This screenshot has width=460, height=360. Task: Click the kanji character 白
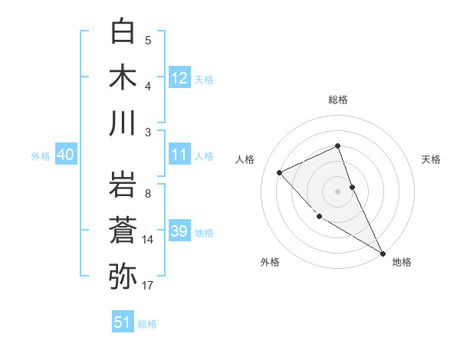123,32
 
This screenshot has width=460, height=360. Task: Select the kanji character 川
123,123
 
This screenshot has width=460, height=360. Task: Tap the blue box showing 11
179,155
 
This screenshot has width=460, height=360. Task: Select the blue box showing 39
179,231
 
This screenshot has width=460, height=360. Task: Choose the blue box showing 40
66,155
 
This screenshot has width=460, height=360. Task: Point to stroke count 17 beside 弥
148,286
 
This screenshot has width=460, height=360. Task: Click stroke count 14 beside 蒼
148,240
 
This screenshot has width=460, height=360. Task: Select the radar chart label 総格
338,100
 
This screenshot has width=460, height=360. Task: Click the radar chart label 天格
431,159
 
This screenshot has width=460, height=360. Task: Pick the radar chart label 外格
270,262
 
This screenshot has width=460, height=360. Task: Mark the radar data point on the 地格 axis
383,253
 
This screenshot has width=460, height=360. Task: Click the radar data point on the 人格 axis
280,172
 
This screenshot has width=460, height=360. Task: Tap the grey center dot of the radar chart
338,191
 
